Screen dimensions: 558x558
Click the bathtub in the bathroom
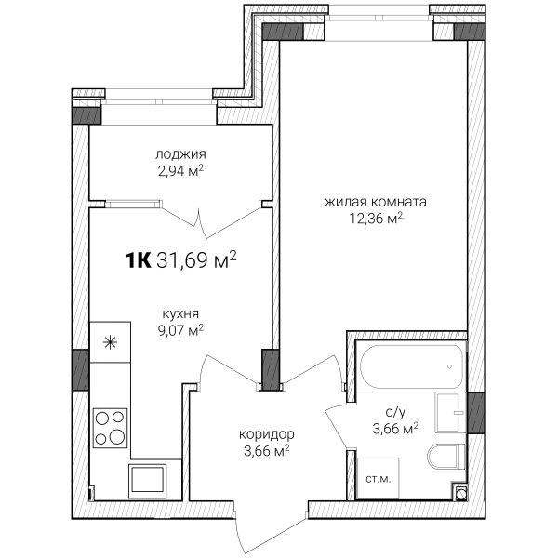(x=411, y=366)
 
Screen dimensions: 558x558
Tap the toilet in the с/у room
(x=446, y=457)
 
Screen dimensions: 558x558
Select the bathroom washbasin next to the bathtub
(x=450, y=413)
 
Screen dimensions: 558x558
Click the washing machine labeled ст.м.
(x=378, y=479)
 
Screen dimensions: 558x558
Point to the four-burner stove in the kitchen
(x=110, y=428)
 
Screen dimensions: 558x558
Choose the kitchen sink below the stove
(x=147, y=481)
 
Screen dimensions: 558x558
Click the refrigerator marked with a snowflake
(x=110, y=342)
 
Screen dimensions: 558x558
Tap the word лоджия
(x=180, y=154)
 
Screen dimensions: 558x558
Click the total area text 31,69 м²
(x=196, y=260)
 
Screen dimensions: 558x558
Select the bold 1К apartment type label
(x=138, y=260)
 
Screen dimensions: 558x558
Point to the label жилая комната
(x=376, y=202)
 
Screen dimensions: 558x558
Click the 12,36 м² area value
(x=376, y=219)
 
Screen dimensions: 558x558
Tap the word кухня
(x=180, y=314)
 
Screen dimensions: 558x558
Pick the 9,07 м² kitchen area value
(x=180, y=330)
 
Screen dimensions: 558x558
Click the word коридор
(x=267, y=434)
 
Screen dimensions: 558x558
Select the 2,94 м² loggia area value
(x=180, y=171)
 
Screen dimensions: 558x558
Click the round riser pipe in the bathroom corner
(x=460, y=493)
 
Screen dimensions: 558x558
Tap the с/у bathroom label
(x=395, y=412)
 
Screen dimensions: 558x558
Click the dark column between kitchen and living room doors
(x=270, y=370)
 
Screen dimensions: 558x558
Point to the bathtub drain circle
(x=450, y=366)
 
